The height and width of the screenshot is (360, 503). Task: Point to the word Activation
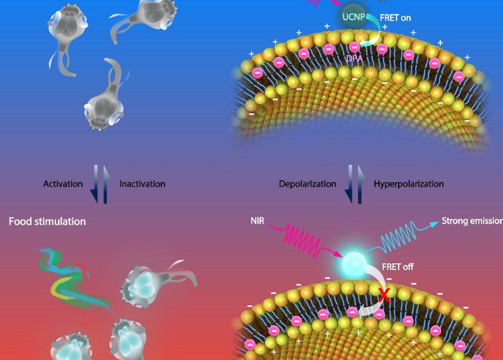pos(63,183)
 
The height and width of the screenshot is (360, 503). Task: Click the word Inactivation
pos(142,183)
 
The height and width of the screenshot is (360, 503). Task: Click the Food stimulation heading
pos(47,221)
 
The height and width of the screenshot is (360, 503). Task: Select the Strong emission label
pos(472,221)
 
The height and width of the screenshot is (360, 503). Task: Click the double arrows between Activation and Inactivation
pos(102,183)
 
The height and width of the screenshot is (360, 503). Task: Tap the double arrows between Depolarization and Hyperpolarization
pos(354,183)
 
